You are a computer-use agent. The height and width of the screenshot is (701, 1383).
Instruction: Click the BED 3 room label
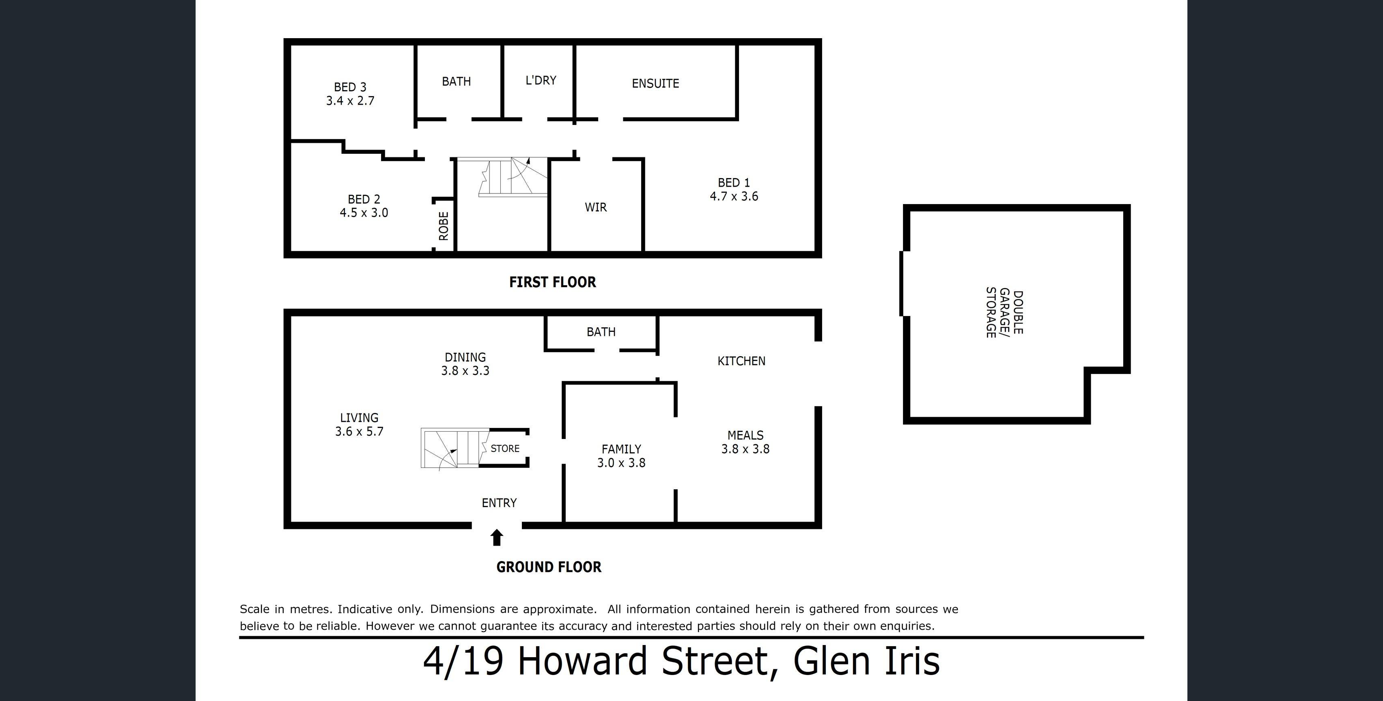pyautogui.click(x=350, y=87)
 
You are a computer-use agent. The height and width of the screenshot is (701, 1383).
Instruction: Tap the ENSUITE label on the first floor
pyautogui.click(x=655, y=83)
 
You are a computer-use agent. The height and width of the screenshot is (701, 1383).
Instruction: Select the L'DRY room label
pyautogui.click(x=541, y=80)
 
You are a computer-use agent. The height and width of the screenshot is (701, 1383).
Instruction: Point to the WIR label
pyautogui.click(x=596, y=207)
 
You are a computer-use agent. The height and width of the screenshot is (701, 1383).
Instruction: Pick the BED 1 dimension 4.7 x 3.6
pyautogui.click(x=734, y=196)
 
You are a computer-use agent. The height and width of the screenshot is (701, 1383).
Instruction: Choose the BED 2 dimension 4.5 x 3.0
pyautogui.click(x=364, y=213)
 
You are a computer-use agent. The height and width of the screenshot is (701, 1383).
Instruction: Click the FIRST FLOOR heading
pyautogui.click(x=552, y=282)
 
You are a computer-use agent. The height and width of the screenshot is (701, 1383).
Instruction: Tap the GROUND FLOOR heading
pyautogui.click(x=549, y=567)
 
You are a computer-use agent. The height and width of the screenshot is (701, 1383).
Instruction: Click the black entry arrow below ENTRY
pyautogui.click(x=497, y=537)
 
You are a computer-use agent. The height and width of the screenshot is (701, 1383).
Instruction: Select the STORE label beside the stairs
pyautogui.click(x=505, y=448)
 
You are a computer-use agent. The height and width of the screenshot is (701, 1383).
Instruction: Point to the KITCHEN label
pyautogui.click(x=741, y=361)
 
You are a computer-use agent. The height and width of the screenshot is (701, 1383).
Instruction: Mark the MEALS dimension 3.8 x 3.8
pyautogui.click(x=745, y=449)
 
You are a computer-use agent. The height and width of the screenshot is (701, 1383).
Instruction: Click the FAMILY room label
pyautogui.click(x=621, y=449)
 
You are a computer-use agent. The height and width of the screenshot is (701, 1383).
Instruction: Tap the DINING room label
pyautogui.click(x=465, y=357)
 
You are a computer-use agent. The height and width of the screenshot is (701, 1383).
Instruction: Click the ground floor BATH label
pyautogui.click(x=601, y=332)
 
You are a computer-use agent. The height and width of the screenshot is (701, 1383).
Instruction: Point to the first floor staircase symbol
pyautogui.click(x=513, y=177)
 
